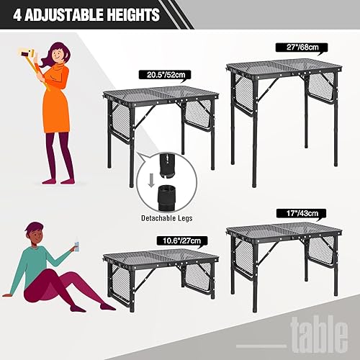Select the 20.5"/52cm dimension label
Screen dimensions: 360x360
coord(159,74)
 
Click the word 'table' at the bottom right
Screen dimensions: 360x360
coord(320,336)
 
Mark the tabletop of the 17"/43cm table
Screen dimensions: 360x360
coord(282,229)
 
